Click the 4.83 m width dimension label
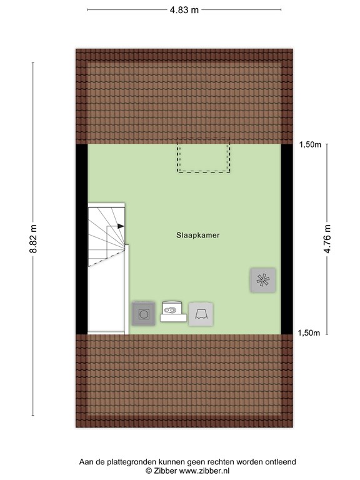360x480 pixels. pos(184,10)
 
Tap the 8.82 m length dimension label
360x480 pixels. pos(33,239)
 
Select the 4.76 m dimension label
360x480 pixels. pos(327,239)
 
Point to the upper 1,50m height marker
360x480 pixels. pos(310,145)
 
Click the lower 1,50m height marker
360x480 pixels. pos(309,333)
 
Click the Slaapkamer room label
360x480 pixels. pos(197,235)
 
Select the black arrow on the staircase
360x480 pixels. pos(121,226)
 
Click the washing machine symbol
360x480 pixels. pos(143,314)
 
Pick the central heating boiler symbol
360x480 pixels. pos(173,312)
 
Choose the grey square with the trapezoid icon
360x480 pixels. pos(201,314)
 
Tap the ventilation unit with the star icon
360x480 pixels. pos(263,280)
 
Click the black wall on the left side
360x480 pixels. pos(82,239)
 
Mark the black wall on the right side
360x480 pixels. pos(287,239)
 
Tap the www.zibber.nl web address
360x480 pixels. pos(204,471)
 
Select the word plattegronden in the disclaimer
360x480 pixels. pos(136,462)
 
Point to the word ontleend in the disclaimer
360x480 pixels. pos(282,462)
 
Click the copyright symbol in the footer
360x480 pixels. pos(149,471)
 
